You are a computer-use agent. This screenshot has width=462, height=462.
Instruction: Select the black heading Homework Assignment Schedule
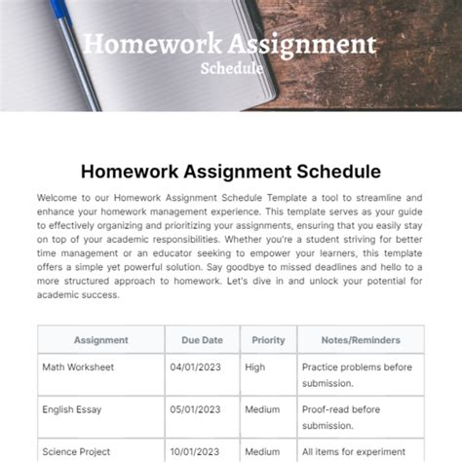coord(230,172)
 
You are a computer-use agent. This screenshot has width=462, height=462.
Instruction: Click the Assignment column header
coord(100,340)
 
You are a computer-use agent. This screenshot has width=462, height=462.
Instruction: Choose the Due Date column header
coord(202,340)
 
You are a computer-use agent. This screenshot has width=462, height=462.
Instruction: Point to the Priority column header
coord(268,340)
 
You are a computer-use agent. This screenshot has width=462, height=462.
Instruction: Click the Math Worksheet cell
coord(78,367)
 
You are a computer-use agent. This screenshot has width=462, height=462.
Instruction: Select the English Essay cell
coord(72,410)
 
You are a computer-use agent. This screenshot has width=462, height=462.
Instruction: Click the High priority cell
coord(255,367)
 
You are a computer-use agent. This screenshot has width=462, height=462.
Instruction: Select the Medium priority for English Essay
coord(262,410)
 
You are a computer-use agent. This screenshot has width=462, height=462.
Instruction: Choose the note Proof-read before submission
coord(340,417)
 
